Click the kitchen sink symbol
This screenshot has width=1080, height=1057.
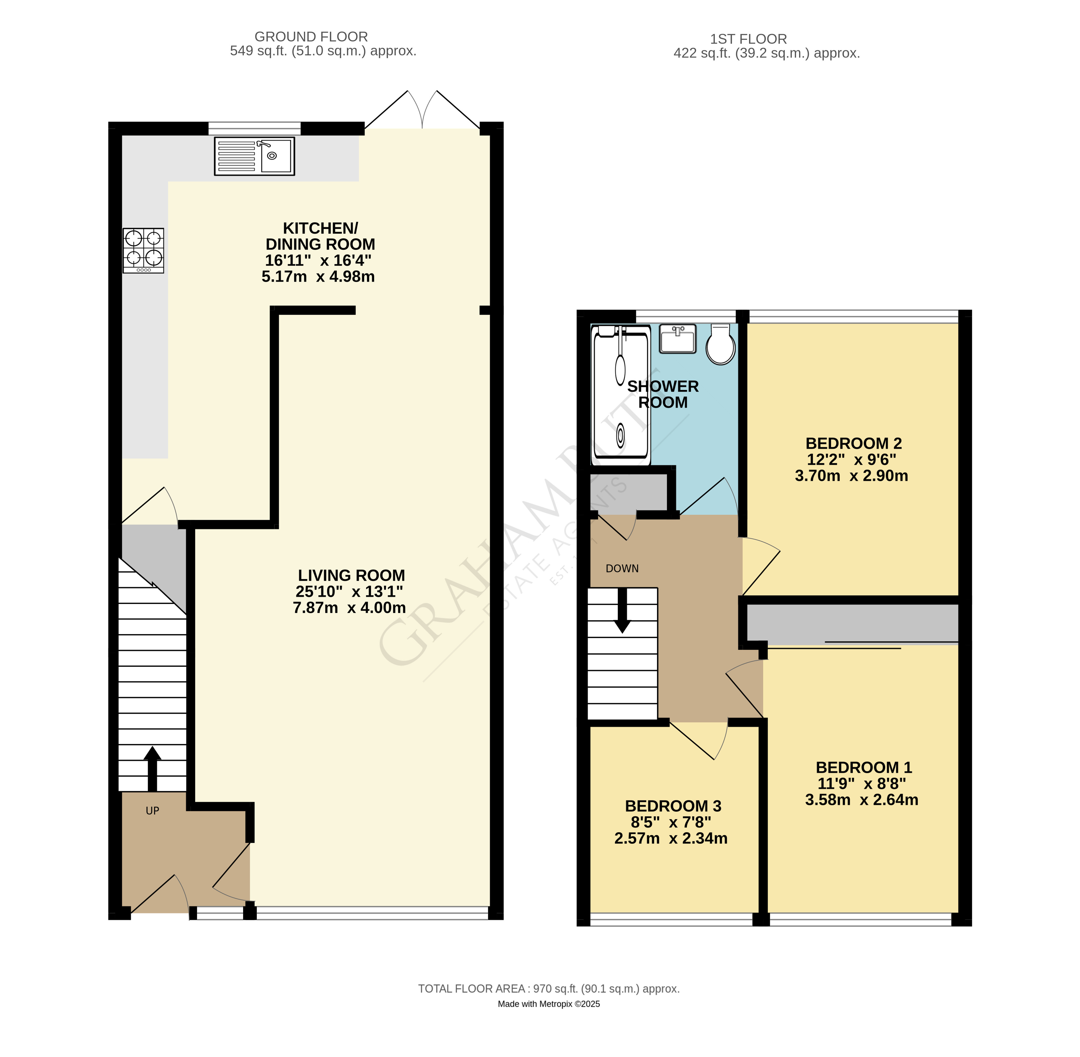point(254,156)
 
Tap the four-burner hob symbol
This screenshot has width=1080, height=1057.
point(143,250)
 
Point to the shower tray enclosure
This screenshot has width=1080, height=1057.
point(621,395)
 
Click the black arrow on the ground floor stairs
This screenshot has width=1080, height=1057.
point(152,769)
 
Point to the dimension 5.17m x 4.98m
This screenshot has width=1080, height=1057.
point(318,276)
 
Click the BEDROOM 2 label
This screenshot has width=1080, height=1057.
point(853,444)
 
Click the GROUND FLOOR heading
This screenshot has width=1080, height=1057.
point(311,37)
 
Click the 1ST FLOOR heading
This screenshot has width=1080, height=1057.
point(748,39)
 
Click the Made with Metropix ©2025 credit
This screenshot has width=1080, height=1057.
point(548,1004)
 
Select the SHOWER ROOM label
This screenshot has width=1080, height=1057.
point(663,394)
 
